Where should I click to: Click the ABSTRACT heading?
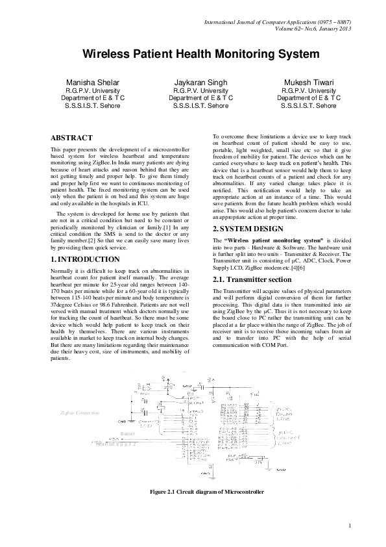pos(71,138)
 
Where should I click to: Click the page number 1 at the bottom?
pos(350,525)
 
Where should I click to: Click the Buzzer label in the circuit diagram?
pos(128,433)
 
